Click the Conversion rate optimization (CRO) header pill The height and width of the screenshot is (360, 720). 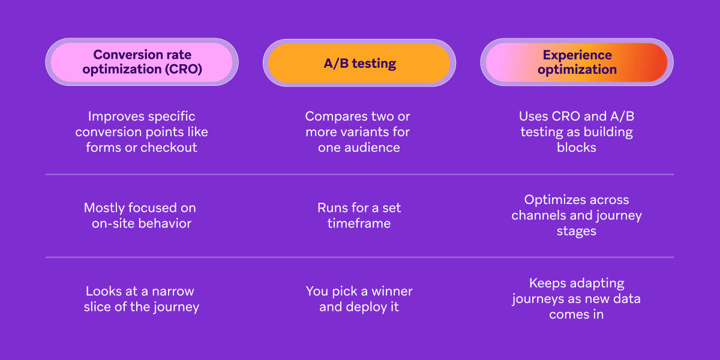(x=142, y=62)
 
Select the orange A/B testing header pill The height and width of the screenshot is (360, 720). (x=359, y=63)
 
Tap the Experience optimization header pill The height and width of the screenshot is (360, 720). (x=577, y=62)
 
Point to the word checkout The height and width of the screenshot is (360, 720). (x=169, y=148)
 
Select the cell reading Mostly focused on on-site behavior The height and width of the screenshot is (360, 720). (x=140, y=215)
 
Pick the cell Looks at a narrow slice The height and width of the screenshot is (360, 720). (x=142, y=299)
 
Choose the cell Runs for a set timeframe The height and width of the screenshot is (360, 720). (x=359, y=215)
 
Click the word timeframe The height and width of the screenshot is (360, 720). (x=359, y=224)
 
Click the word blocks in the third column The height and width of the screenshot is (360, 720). (x=576, y=148)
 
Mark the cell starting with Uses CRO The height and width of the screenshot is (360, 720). (x=576, y=132)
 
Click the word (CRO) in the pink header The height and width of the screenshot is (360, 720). (x=182, y=70)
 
